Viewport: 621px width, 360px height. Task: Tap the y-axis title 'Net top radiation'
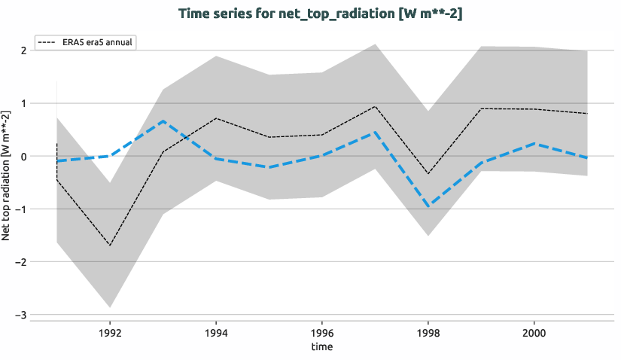[x=7, y=175]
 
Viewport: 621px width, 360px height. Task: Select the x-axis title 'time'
[x=322, y=346]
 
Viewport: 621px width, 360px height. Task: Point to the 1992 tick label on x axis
[x=110, y=331]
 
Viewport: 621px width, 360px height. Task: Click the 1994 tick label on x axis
[x=216, y=331]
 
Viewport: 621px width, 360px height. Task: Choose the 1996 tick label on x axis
[x=322, y=331]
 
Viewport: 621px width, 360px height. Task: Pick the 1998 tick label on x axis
[x=428, y=331]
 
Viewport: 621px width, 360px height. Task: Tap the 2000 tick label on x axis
[x=534, y=331]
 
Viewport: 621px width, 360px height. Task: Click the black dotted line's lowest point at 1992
[x=110, y=246]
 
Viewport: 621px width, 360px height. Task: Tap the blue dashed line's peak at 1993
[x=163, y=121]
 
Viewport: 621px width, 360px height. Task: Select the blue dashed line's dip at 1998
[x=428, y=206]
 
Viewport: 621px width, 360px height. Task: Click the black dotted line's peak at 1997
[x=376, y=106]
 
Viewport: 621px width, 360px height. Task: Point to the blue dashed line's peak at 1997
[x=376, y=132]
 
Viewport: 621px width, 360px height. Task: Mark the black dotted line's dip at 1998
[x=428, y=174]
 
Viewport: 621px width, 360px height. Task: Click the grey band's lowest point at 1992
[x=110, y=307]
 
